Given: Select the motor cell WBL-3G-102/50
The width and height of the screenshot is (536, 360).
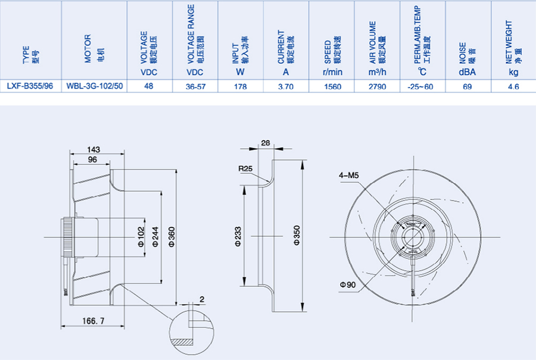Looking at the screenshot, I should (95, 86).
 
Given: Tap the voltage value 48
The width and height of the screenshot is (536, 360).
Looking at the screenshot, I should (149, 86).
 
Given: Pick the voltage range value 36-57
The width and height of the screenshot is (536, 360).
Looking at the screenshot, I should (195, 86).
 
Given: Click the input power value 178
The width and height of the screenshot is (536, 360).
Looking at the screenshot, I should (241, 86).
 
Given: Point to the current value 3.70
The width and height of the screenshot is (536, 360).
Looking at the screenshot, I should (286, 86).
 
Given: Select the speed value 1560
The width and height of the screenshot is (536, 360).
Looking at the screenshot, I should (332, 86).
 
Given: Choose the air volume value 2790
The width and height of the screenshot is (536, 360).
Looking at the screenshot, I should (378, 86).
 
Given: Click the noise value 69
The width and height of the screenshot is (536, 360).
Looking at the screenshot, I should (468, 86).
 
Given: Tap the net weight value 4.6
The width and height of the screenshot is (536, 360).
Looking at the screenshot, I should (513, 86).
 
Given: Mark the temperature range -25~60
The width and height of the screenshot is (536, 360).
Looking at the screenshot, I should (422, 86).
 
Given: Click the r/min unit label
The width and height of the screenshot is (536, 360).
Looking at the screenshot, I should (332, 72).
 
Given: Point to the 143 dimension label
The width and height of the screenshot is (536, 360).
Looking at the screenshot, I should (93, 149).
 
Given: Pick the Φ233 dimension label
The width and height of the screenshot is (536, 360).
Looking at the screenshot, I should (238, 236).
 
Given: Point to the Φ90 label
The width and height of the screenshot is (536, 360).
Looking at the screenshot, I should (348, 285).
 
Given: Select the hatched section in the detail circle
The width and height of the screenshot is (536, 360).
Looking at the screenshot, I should (182, 343).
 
